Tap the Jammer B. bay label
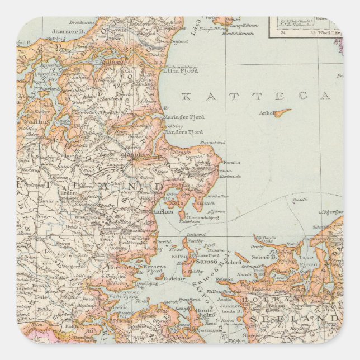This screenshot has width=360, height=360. (67, 32)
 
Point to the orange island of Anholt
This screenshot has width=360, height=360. (282, 112)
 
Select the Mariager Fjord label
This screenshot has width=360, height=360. (184, 117)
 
